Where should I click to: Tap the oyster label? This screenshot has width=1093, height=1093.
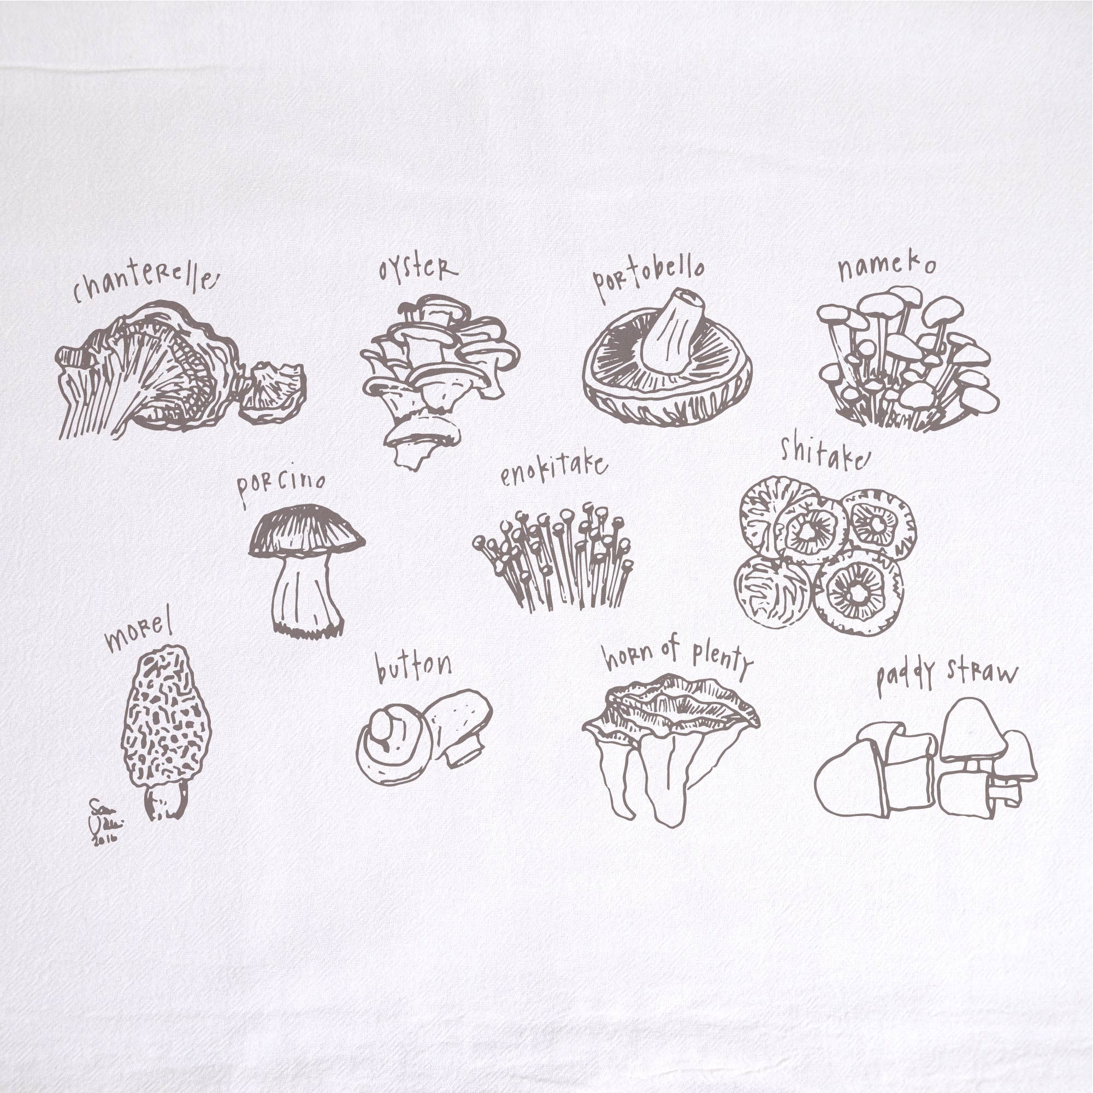417,269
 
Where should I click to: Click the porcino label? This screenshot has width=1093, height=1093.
281,485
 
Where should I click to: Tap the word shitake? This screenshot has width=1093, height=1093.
823,453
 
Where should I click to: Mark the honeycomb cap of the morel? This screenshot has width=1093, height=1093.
166,718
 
